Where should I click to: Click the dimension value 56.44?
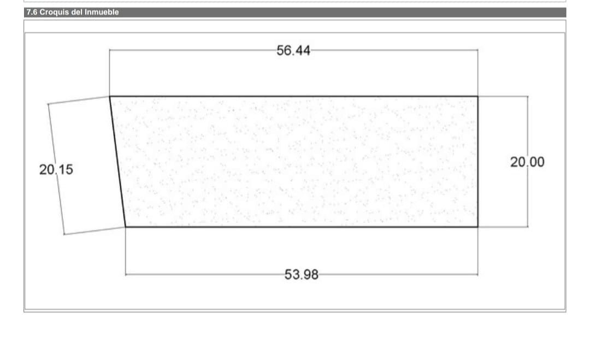pos(293,50)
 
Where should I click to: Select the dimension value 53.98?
pos(302,275)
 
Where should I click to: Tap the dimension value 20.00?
pos(527,162)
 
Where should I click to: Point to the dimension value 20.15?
pos(56,170)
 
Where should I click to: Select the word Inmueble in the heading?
pos(102,12)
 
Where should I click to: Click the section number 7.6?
pos(32,12)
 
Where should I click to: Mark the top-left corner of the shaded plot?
pos(109,97)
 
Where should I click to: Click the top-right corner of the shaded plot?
pos(478,97)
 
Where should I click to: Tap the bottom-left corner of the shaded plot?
pos(125,227)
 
